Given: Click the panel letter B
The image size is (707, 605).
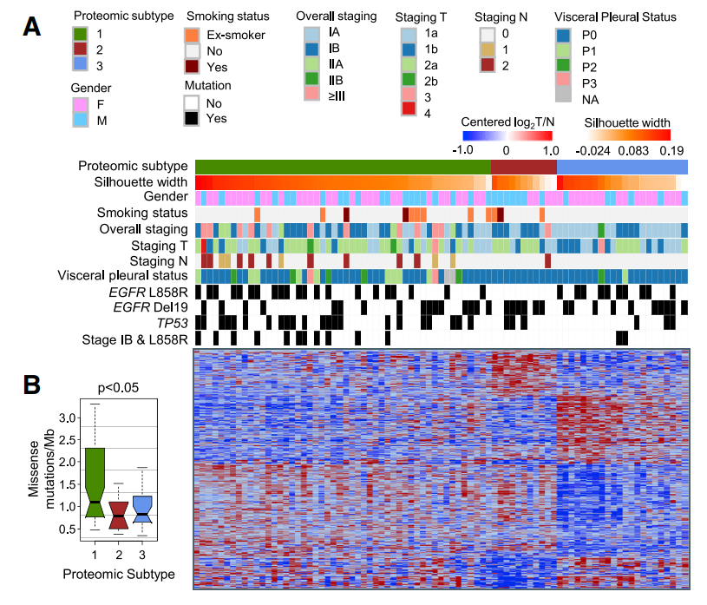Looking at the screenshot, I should coord(32,383).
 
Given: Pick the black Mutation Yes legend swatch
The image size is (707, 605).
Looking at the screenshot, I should coord(193,118).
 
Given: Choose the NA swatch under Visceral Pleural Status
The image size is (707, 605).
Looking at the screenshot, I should coord(564,98).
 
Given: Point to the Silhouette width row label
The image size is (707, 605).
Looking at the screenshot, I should coord(141,182).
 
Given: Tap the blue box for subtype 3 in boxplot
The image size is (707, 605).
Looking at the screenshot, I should coord(142,507).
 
